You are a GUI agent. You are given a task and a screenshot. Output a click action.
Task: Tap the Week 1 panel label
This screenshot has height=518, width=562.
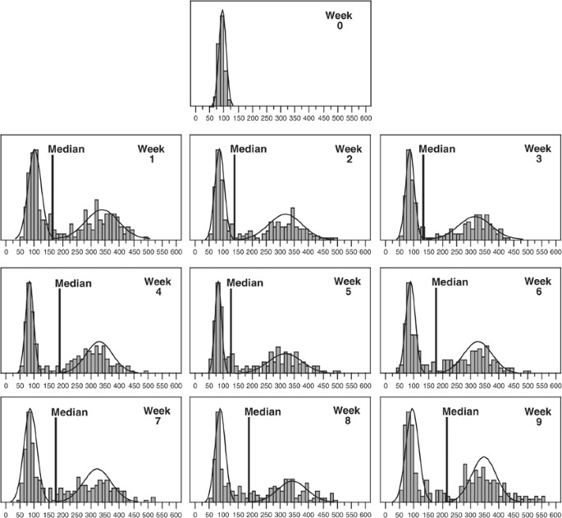(x=151, y=154)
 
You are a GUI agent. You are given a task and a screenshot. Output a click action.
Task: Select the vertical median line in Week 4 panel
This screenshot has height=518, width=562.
(x=60, y=328)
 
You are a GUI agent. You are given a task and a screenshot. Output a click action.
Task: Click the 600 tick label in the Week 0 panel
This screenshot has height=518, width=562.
(x=365, y=118)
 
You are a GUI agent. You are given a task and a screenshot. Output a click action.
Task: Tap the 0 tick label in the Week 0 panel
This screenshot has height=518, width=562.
(x=195, y=118)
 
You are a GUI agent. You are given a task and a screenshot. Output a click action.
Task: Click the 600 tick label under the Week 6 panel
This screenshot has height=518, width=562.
(x=554, y=382)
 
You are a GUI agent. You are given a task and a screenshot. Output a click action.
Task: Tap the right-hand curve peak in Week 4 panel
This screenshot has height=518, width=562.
(x=100, y=342)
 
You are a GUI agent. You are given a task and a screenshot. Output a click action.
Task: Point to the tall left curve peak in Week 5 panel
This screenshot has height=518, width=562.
(x=219, y=283)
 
